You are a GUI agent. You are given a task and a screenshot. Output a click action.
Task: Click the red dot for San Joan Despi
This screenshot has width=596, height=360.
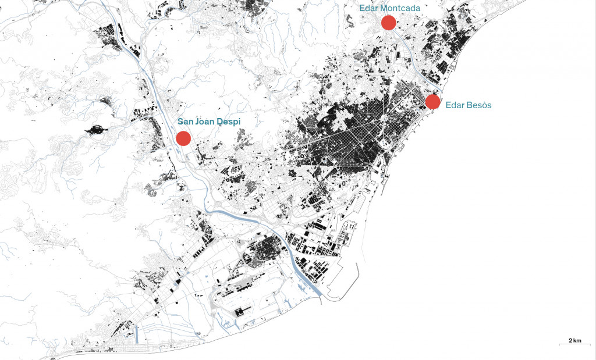point(183,138)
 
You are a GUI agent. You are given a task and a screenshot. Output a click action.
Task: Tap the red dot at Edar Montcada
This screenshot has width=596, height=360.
point(389,23)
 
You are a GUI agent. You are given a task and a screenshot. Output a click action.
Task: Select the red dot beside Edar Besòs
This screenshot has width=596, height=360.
point(432,102)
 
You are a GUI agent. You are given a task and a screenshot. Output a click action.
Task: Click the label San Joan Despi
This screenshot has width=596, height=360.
point(209,122)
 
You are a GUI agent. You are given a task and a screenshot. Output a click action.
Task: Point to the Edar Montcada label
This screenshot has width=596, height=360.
point(389,8)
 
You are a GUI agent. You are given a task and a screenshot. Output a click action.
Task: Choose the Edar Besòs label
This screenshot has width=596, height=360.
point(469,105)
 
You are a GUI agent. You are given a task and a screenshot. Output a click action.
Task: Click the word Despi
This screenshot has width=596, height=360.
point(229,122)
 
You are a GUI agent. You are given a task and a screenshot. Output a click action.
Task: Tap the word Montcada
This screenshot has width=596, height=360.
point(401,8)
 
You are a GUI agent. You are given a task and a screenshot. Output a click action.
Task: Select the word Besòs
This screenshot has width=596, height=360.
point(480,105)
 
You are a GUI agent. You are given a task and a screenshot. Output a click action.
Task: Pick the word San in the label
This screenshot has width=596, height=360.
point(185,122)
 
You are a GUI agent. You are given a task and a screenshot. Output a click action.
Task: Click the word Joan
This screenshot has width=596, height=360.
point(205,122)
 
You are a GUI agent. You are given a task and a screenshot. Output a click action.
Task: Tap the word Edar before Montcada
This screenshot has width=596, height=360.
point(368,8)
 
